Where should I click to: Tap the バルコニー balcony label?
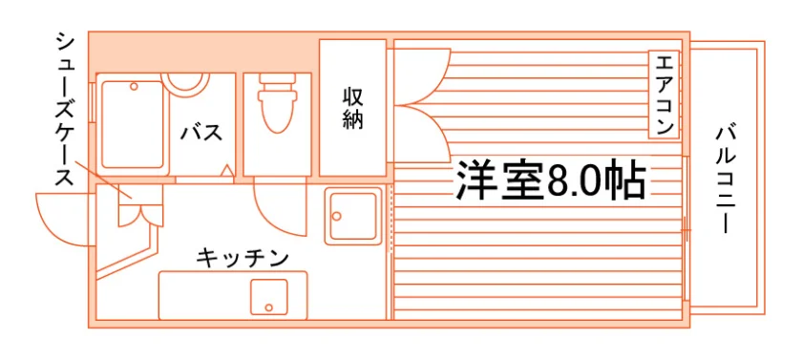tap(725, 180)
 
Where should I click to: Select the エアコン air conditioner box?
tap(664, 95)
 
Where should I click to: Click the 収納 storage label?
tap(352, 109)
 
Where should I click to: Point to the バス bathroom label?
tap(201, 132)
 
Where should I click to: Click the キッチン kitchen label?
tap(243, 258)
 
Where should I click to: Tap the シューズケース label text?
tap(65, 109)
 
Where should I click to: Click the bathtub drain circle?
tap(134, 87)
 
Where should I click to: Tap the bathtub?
tap(132, 124)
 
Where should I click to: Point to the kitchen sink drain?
tap(269, 307)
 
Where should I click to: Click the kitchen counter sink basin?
tap(269, 297)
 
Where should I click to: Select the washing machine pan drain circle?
tap(336, 216)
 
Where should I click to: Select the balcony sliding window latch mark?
tap(686, 231)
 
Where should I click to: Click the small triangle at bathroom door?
tap(226, 170)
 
